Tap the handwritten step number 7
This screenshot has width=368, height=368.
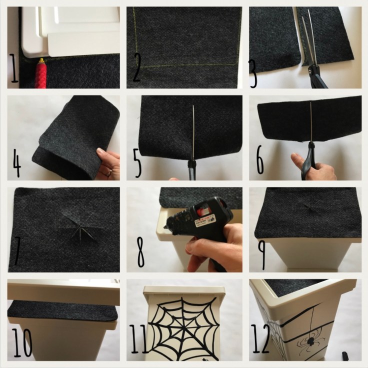click(17, 255)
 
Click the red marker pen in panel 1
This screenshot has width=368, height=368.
click(41, 74)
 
